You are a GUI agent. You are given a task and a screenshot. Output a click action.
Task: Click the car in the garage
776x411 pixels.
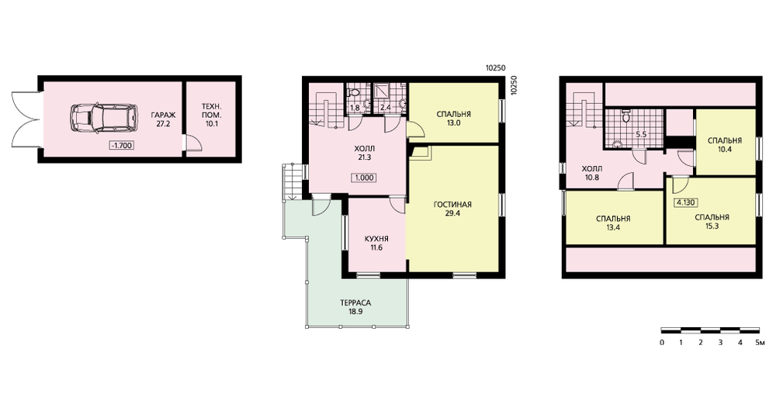(x=103, y=118)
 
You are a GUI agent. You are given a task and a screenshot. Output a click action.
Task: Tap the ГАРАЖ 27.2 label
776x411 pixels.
(x=163, y=119)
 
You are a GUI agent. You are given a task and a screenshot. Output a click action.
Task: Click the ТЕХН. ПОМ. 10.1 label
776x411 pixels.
(x=211, y=115)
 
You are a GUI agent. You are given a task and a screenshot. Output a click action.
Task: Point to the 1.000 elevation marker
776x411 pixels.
(x=364, y=178)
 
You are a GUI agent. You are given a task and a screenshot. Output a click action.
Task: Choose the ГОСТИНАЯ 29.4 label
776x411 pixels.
(x=452, y=209)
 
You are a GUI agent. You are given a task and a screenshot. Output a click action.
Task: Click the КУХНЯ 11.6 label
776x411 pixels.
(x=376, y=243)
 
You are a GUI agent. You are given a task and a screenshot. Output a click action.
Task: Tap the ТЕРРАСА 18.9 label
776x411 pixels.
(x=355, y=306)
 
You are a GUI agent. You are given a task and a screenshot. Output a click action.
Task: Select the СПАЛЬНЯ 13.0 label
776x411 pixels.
(x=454, y=119)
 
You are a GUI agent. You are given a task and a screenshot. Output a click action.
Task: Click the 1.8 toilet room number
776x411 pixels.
(x=355, y=107)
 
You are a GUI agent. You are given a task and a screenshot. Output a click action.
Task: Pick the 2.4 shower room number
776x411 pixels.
(x=385, y=107)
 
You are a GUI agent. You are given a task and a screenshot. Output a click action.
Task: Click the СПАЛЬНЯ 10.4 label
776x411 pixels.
(x=725, y=144)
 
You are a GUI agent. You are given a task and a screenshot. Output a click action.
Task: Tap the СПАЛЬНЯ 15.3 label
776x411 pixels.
(x=712, y=222)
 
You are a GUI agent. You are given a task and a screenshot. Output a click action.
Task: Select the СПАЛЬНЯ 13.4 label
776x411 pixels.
(x=613, y=223)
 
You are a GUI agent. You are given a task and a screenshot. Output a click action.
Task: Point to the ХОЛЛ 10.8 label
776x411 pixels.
(x=592, y=173)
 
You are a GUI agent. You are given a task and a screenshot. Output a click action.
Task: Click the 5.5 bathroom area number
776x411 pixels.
(x=641, y=133)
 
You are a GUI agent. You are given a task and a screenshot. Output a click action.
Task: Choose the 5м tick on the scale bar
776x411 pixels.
(x=761, y=343)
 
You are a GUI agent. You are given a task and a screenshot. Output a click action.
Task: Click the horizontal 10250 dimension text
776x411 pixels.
(x=495, y=69)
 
